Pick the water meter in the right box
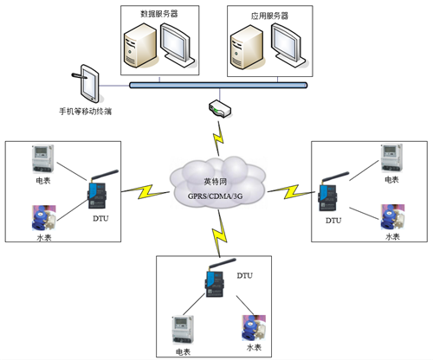pyautogui.click(x=391, y=215)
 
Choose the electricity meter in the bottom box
pyautogui.click(x=183, y=330)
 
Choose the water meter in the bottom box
pyautogui.click(x=251, y=325)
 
